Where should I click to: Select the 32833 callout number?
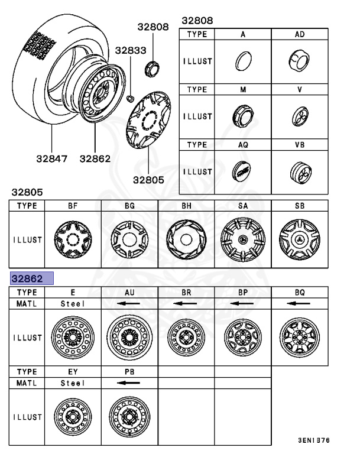[x=130, y=51]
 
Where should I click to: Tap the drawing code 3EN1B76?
[x=314, y=440]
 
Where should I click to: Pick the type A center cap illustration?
[x=242, y=61]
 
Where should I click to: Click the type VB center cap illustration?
[x=299, y=171]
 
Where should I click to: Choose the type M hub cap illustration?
[x=242, y=115]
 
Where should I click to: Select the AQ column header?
[x=242, y=144]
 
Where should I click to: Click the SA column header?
[x=242, y=206]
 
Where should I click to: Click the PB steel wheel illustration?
[x=129, y=417]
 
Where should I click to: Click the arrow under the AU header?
[x=129, y=303]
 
